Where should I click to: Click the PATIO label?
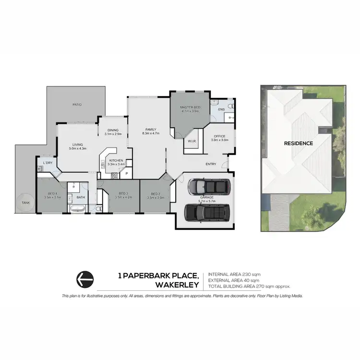77,104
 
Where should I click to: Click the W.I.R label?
191,141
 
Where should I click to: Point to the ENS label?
221,109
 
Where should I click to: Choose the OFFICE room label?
220,136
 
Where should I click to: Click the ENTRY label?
210,164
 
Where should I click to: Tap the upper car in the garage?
209,185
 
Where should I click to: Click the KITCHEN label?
116,160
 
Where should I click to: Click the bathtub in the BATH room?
77,209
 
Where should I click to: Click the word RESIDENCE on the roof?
298,143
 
